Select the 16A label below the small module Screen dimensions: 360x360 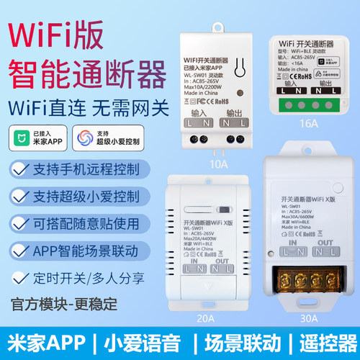coord(311,123)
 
